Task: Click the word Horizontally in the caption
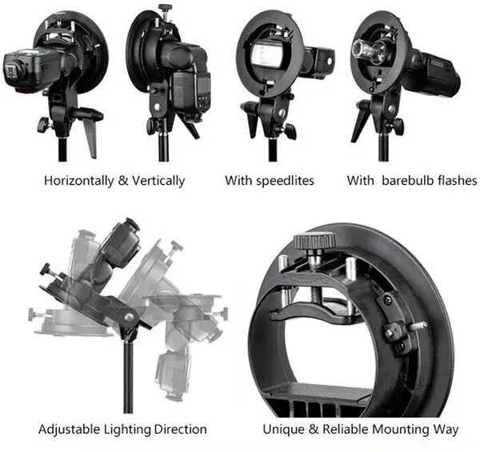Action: pyautogui.click(x=78, y=181)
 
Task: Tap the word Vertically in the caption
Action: pyautogui.click(x=158, y=181)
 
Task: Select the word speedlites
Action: pyautogui.click(x=285, y=181)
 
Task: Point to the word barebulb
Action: pyautogui.click(x=408, y=180)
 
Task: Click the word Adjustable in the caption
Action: pyautogui.click(x=70, y=430)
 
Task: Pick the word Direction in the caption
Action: pyautogui.click(x=180, y=429)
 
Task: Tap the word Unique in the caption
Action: pyautogui.click(x=283, y=430)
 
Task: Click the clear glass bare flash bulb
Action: pyautogui.click(x=366, y=50)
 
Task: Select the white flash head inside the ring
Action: pyautogui.click(x=267, y=54)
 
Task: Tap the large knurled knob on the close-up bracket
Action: pyautogui.click(x=314, y=241)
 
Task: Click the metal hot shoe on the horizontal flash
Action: pyautogui.click(x=11, y=72)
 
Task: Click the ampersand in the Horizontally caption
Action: pyautogui.click(x=122, y=180)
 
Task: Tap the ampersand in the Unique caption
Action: pyautogui.click(x=313, y=429)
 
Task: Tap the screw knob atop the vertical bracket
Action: pyautogui.click(x=166, y=8)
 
